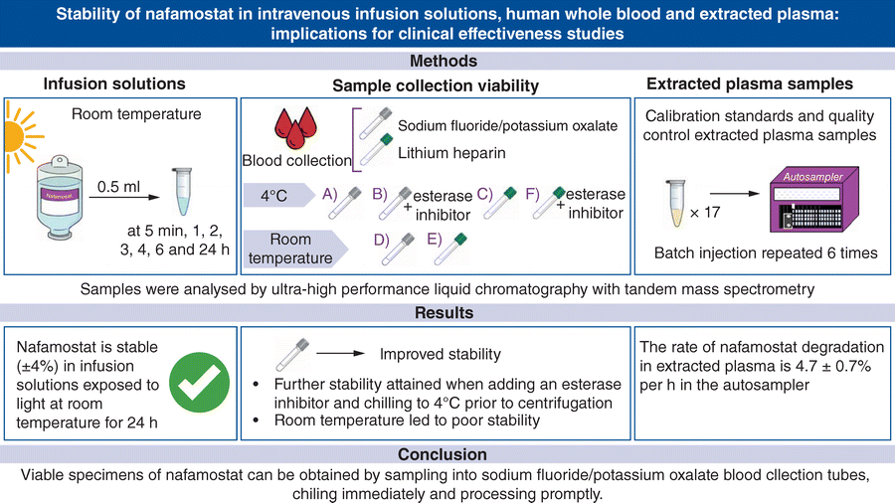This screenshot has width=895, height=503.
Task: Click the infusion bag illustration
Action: tap(60, 197)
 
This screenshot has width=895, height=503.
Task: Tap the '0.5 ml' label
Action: tap(118, 187)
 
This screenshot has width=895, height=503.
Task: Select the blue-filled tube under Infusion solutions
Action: tap(182, 191)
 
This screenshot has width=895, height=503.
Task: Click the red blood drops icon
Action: tap(295, 127)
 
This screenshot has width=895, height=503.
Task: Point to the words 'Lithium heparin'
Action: tap(451, 153)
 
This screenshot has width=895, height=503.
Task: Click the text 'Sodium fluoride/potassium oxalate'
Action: tap(507, 125)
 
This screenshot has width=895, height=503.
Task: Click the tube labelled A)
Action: tap(345, 203)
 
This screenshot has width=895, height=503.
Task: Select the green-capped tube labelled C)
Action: tap(500, 203)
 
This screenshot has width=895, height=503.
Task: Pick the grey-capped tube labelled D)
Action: tap(398, 249)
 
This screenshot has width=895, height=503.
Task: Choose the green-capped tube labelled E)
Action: tap(450, 249)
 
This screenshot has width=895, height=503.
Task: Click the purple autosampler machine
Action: tap(813, 199)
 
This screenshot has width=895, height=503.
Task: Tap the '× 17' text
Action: tap(705, 213)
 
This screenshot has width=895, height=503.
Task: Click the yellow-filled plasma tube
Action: tap(676, 204)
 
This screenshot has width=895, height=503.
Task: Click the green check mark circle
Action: tap(199, 382)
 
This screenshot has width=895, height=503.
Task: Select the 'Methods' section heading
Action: tap(444, 61)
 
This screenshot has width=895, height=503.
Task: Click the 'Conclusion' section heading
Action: tap(443, 454)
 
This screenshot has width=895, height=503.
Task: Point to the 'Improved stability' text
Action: tap(441, 354)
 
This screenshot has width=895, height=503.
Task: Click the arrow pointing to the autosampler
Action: tap(735, 193)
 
